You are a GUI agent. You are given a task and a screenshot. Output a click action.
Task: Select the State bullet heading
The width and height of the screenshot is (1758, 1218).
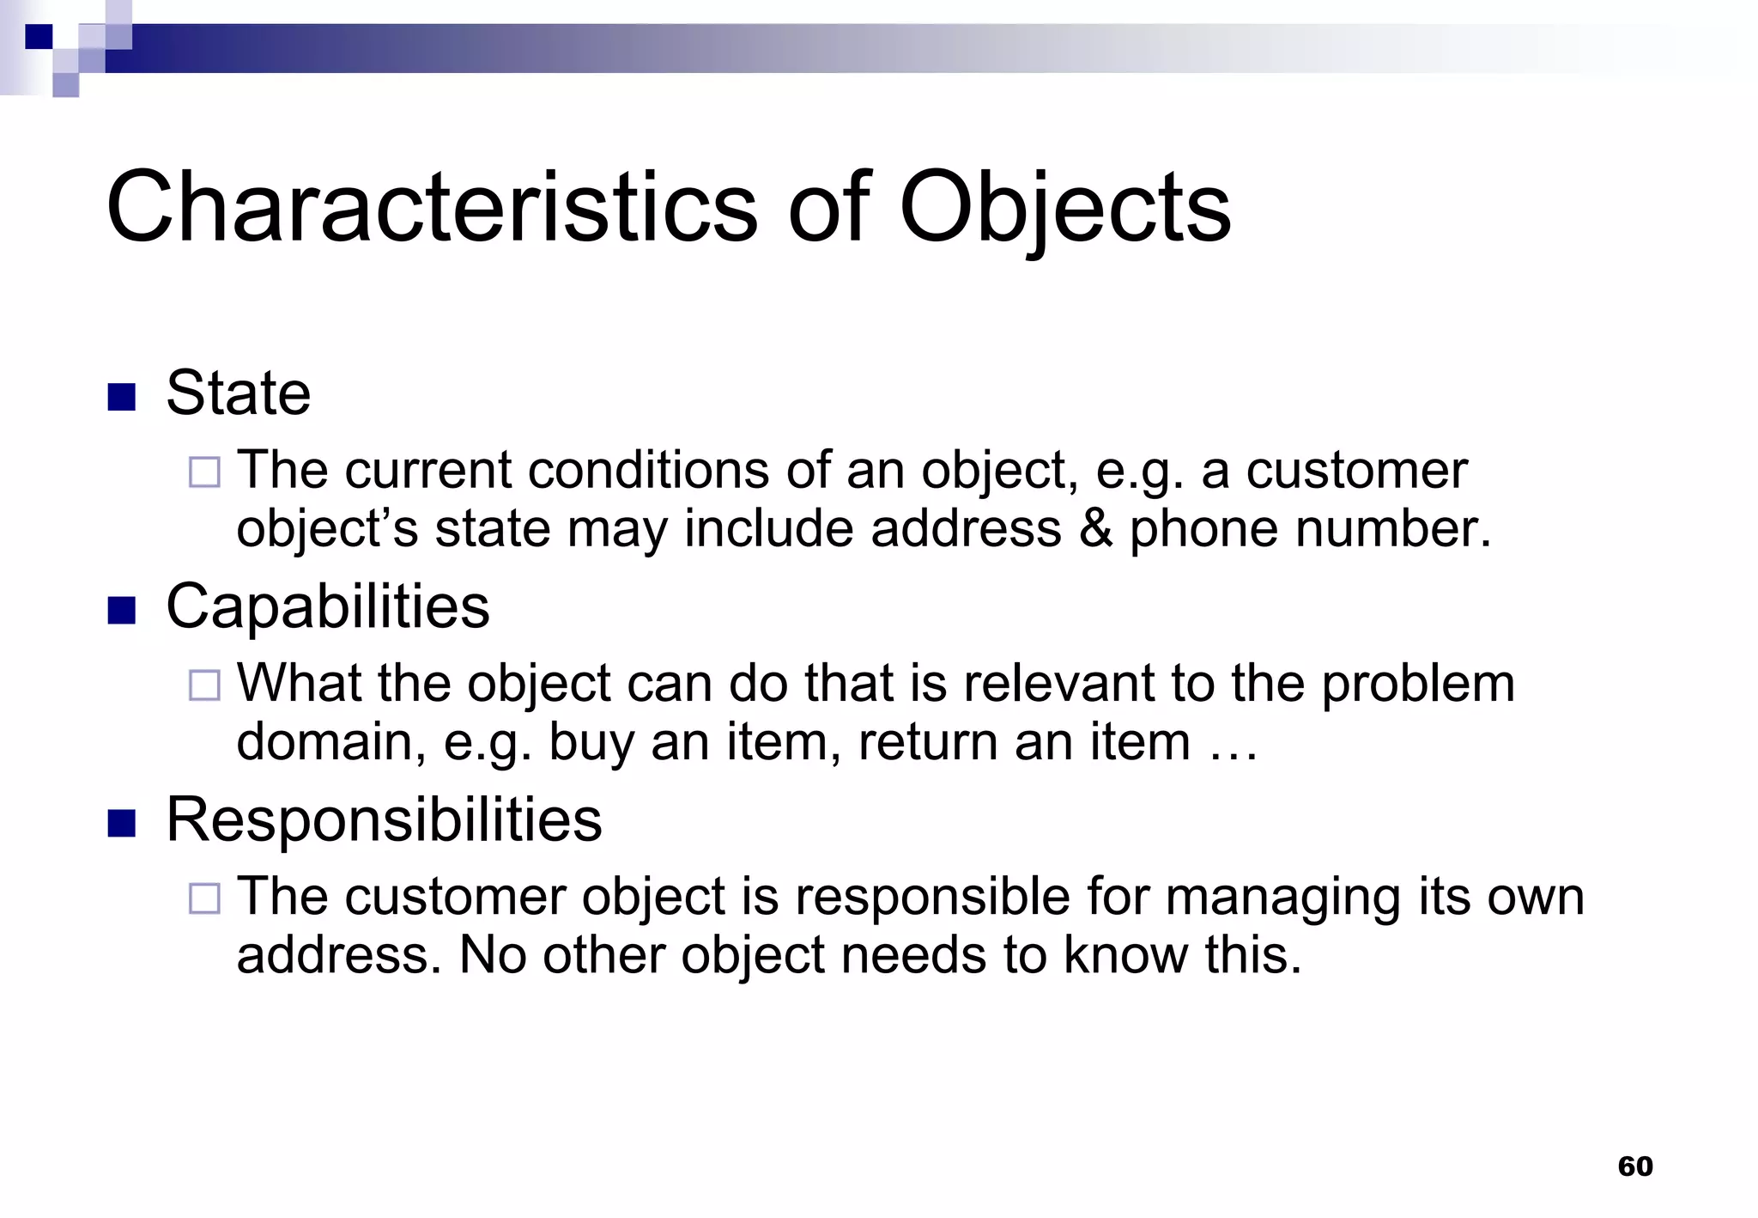(x=238, y=393)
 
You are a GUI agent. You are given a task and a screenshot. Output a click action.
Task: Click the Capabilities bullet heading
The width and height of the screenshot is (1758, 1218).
(x=327, y=607)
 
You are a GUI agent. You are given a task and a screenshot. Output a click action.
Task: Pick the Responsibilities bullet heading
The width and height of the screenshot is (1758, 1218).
(x=384, y=819)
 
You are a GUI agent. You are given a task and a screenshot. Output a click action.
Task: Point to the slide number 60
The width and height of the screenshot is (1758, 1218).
(x=1634, y=1166)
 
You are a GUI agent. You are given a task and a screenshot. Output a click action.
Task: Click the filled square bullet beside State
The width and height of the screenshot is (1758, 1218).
(x=122, y=397)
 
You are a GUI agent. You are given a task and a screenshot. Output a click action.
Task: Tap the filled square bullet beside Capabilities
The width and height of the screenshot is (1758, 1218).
(x=122, y=610)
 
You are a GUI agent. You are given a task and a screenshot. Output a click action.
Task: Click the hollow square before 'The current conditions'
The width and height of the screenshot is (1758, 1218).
(x=204, y=472)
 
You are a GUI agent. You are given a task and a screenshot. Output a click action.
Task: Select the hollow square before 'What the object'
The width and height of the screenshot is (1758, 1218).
(x=204, y=685)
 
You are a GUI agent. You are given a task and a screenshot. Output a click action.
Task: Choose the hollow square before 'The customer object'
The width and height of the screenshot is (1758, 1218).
(x=204, y=898)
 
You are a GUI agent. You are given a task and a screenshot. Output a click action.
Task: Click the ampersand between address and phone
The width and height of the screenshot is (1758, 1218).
(x=1095, y=527)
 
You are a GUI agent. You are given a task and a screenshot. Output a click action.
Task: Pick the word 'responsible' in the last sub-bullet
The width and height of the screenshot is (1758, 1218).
(x=932, y=898)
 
